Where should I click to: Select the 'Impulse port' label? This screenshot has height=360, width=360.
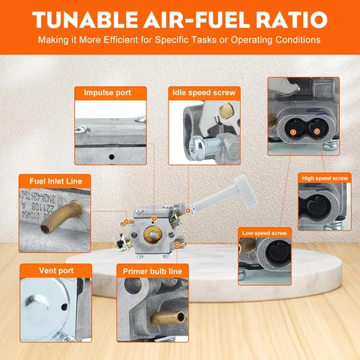point(107,93)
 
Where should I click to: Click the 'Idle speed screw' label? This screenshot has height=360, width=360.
point(204,93)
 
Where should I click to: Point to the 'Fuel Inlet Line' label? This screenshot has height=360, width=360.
point(55,181)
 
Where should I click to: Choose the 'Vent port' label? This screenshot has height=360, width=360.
point(56,271)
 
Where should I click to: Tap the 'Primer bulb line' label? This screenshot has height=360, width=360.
point(153,271)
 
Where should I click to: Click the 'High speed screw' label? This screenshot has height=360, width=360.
point(325,179)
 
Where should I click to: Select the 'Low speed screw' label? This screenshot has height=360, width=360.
point(264,233)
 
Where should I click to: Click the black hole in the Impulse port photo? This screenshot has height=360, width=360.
point(112,157)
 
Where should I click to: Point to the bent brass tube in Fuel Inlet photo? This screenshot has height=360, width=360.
point(62,217)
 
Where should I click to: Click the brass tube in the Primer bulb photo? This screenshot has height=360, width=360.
point(168,318)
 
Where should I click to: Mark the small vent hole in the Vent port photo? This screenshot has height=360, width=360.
point(64,307)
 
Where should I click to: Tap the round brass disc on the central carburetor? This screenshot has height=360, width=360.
point(153,234)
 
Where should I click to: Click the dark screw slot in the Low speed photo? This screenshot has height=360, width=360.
point(279,253)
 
